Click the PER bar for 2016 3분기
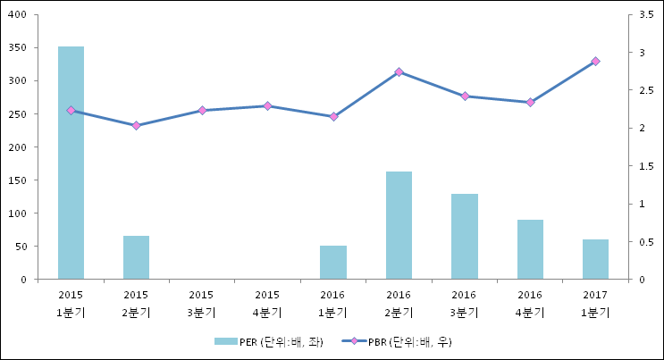464,237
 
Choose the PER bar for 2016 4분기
530,249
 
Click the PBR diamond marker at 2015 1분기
71,111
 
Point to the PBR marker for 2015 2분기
136,126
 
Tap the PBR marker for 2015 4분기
267,106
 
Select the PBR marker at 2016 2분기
399,71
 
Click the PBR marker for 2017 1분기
595,62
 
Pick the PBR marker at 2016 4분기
530,103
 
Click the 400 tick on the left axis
17,15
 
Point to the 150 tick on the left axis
17,180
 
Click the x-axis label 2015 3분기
201,303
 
